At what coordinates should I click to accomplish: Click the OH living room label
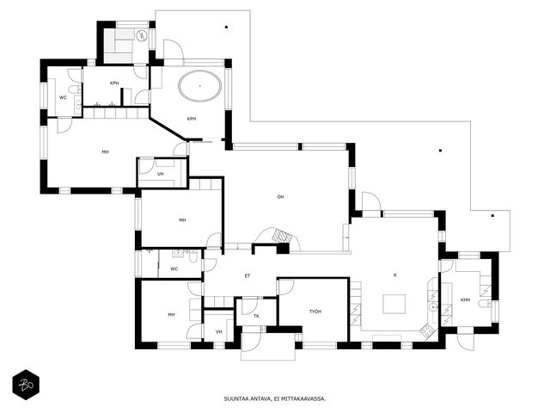[x=280, y=197]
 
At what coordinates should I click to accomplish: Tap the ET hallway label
[x=247, y=276]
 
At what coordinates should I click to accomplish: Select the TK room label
[x=256, y=316]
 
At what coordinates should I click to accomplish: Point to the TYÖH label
[x=315, y=311]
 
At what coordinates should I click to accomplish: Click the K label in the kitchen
[x=395, y=275]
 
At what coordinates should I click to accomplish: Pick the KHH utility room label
[x=466, y=300]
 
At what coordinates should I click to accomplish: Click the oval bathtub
[x=200, y=86]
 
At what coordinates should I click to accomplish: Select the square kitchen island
[x=394, y=304]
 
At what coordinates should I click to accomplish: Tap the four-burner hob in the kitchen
[x=427, y=330]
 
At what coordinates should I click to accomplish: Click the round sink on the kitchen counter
[x=433, y=308]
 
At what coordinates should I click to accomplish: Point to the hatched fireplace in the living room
[x=283, y=235]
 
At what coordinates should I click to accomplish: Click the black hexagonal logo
[x=26, y=385]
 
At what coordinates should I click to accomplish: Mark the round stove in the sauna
[x=142, y=35]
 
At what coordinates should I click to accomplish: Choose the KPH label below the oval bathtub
[x=191, y=119]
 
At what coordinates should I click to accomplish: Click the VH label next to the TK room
[x=219, y=331]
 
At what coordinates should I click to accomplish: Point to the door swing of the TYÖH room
[x=286, y=287]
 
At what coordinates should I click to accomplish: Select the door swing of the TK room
[x=250, y=306]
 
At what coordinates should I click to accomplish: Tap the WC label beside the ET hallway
[x=174, y=269]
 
